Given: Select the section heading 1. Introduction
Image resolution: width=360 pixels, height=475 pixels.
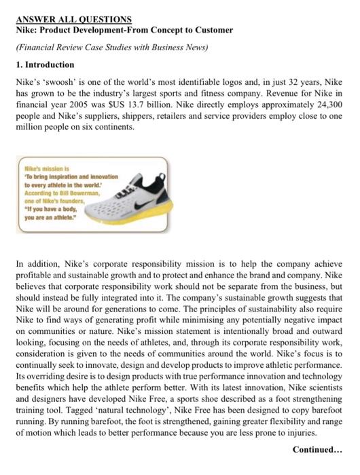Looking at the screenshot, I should point(45,64).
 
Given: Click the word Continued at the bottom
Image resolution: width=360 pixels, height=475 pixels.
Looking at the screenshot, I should point(319,449).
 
